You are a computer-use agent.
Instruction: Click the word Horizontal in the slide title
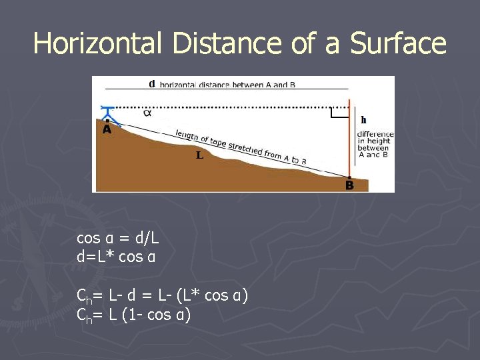pyautogui.click(x=97, y=43)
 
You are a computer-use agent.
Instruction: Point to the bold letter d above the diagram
pyautogui.click(x=151, y=84)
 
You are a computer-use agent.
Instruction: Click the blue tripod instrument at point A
pyautogui.click(x=108, y=115)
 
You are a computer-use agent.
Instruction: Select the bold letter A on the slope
pyautogui.click(x=107, y=130)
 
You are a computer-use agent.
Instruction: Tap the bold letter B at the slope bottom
pyautogui.click(x=349, y=185)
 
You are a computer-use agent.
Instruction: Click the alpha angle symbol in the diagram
pyautogui.click(x=147, y=112)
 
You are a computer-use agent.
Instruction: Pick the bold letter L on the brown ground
pyautogui.click(x=199, y=156)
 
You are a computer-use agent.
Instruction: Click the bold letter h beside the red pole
pyautogui.click(x=363, y=120)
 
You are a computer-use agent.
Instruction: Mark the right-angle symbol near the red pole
pyautogui.click(x=339, y=113)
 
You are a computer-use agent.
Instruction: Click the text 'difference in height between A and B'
pyautogui.click(x=375, y=144)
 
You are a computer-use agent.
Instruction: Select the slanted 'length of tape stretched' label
pyautogui.click(x=240, y=146)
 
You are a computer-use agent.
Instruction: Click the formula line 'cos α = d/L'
pyautogui.click(x=118, y=238)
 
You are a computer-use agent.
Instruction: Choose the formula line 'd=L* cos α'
pyautogui.click(x=117, y=256)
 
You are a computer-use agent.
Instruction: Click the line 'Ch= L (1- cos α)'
pyautogui.click(x=134, y=314)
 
